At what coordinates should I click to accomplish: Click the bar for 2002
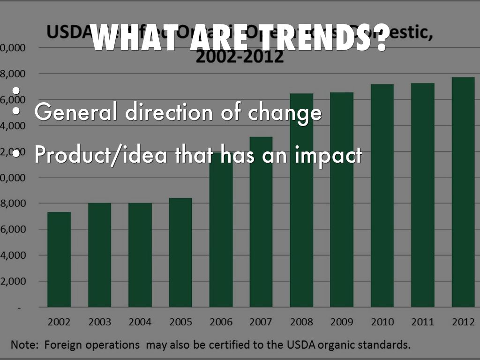coord(59,260)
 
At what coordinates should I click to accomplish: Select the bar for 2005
coord(180,253)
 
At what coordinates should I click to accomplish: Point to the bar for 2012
coord(463,192)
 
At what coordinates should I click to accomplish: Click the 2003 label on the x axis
coord(99,322)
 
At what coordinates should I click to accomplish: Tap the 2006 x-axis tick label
coord(221,322)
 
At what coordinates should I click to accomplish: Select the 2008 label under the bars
coord(301,322)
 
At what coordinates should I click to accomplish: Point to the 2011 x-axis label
coord(422,322)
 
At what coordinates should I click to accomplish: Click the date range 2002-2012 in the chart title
coord(240,57)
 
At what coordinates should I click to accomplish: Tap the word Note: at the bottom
coord(26,345)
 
